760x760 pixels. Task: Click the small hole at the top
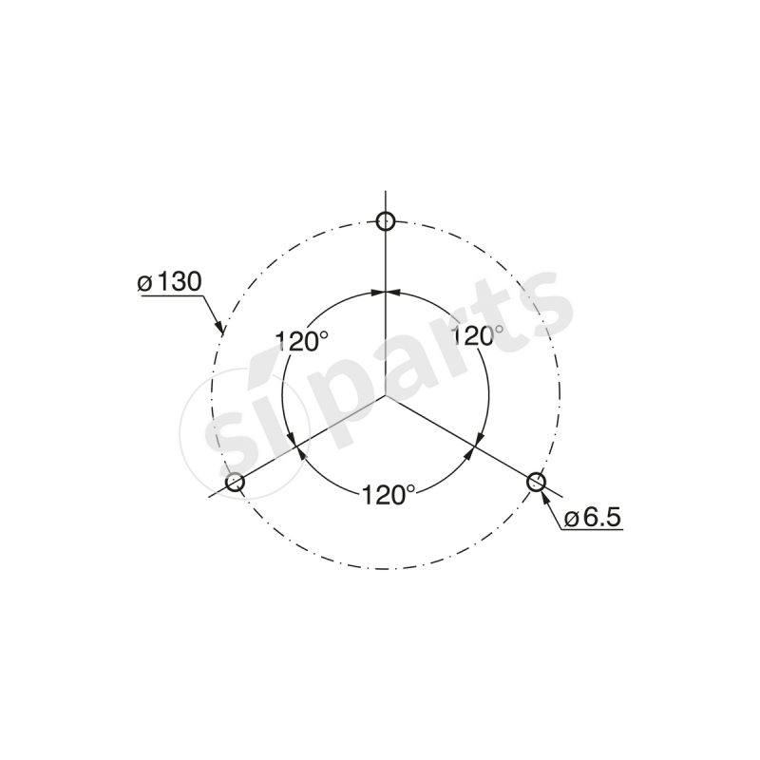(384, 221)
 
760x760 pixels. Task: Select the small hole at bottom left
(235, 483)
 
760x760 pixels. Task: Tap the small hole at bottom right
(535, 482)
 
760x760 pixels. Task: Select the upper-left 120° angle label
(302, 341)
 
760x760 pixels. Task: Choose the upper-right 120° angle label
(478, 334)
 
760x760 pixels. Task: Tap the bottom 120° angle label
(388, 494)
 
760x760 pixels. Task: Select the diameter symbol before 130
(144, 283)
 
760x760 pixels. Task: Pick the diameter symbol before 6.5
(571, 518)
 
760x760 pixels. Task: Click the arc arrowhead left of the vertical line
(377, 291)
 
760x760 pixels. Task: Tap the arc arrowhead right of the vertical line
(391, 291)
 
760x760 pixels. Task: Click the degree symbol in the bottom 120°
(410, 488)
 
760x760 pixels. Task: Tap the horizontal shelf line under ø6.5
(591, 530)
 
